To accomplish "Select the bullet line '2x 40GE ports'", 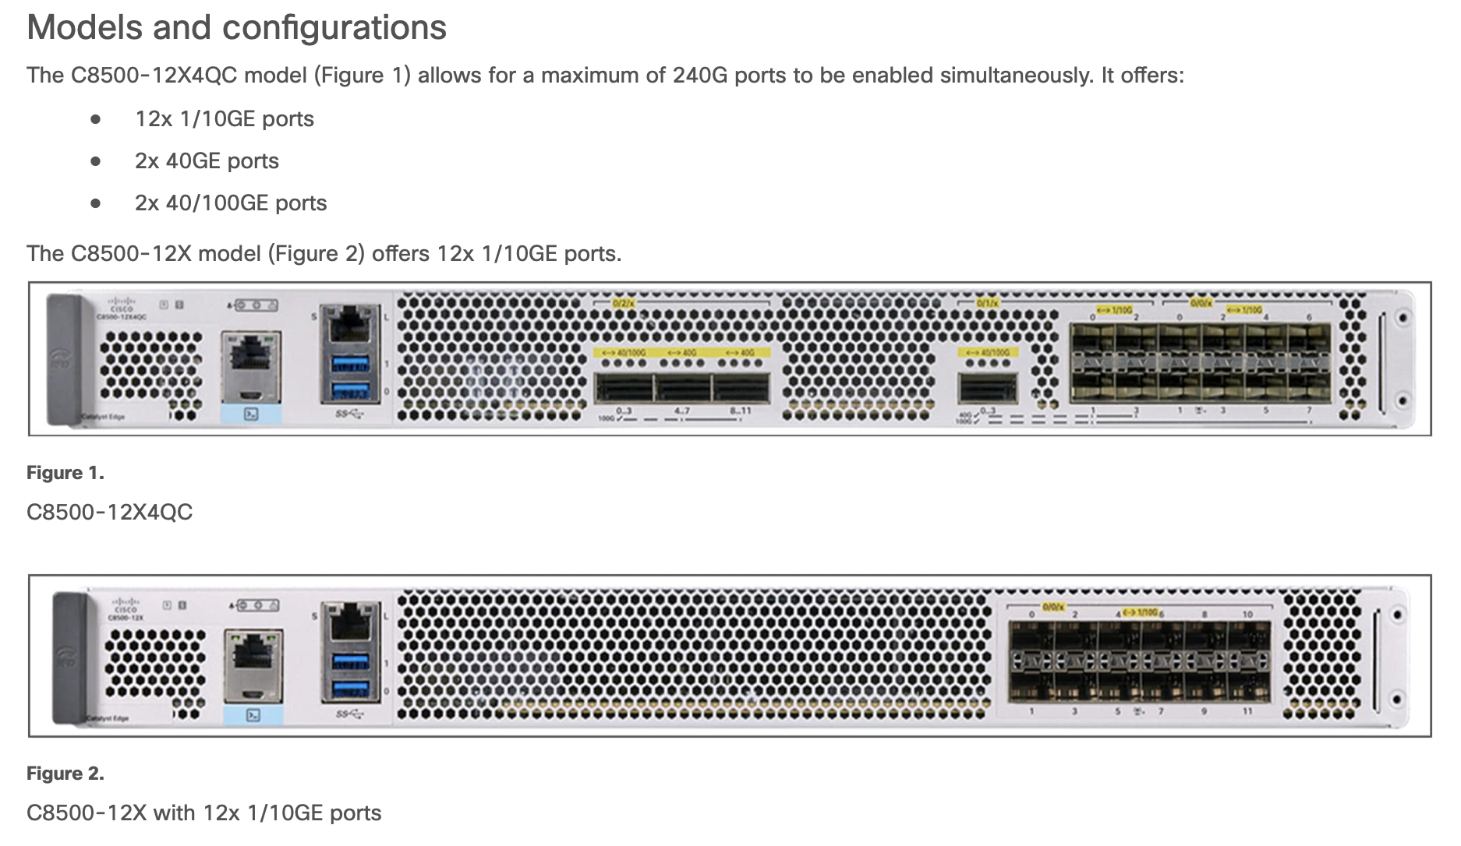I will click(207, 161).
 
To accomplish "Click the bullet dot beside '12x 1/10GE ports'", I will click(96, 119).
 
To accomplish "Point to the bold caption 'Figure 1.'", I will click(65, 473).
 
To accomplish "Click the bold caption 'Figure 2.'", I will click(65, 774).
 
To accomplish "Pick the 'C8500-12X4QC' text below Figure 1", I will click(109, 512).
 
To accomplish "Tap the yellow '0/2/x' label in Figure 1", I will click(623, 302).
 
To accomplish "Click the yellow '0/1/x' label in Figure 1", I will click(989, 302).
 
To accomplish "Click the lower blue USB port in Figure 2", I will click(350, 689).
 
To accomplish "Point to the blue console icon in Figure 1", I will click(251, 414).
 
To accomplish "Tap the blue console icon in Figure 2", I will click(253, 715).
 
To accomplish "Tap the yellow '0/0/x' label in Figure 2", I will click(1053, 607).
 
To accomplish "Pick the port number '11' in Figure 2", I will click(1247, 711).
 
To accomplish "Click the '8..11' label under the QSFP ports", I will click(740, 411).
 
